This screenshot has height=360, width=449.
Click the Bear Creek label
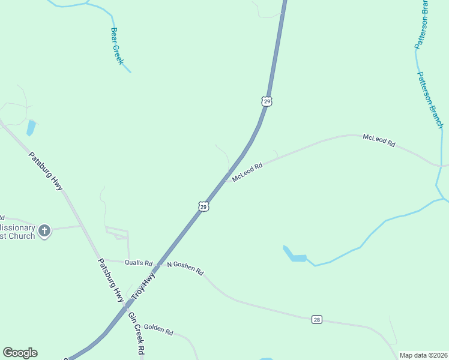point(117,46)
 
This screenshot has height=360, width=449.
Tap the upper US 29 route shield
point(267,101)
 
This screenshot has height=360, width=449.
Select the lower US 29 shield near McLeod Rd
point(203,206)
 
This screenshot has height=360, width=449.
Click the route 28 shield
point(317,319)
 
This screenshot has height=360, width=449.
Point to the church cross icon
point(44,230)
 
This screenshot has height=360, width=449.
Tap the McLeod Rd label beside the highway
point(248,171)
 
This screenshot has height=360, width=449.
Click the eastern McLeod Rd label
point(379,141)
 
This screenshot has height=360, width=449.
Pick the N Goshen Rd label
point(185,268)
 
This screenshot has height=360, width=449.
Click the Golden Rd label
point(158,331)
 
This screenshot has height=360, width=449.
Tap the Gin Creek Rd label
point(137,335)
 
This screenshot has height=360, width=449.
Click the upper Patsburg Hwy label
point(46,172)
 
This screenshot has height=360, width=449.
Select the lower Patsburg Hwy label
point(110,280)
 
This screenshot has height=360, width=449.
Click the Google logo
point(20,353)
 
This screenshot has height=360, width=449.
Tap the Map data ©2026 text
point(423,355)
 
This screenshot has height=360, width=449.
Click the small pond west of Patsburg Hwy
point(31,128)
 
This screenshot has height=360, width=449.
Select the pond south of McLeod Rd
point(295,254)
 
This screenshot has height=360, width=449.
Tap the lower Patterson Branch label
point(430,100)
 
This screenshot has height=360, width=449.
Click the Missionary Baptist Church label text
point(17,232)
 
